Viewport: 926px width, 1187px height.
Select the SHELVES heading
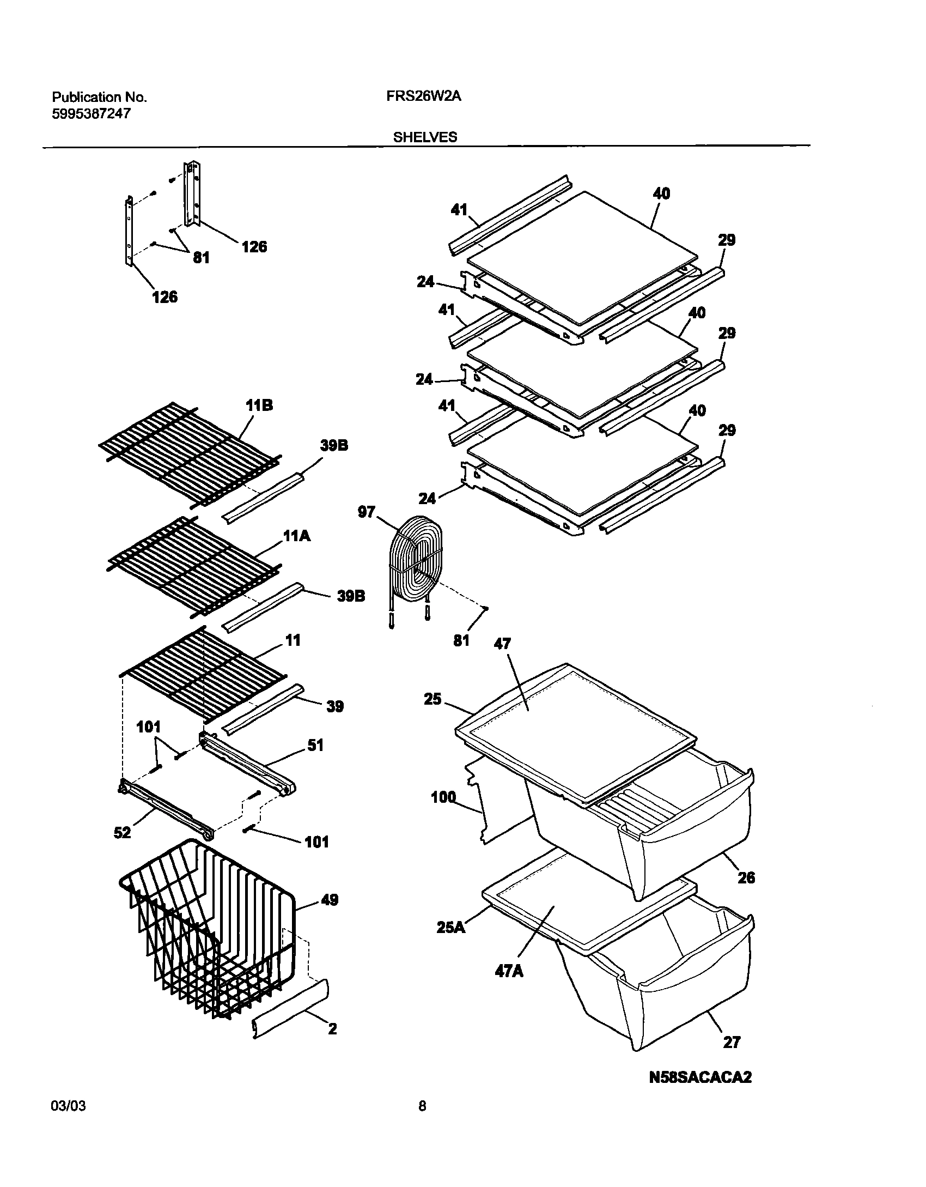pyautogui.click(x=425, y=137)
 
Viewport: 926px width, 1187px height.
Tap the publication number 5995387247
pyautogui.click(x=91, y=114)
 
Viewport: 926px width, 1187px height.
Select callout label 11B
pyautogui.click(x=259, y=405)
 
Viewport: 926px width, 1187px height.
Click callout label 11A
pyautogui.click(x=297, y=537)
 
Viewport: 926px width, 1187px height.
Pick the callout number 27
pyautogui.click(x=732, y=1042)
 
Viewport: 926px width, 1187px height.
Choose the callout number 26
pyautogui.click(x=746, y=877)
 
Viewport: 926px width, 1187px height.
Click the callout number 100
pyautogui.click(x=443, y=797)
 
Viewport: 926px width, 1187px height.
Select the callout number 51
pyautogui.click(x=315, y=745)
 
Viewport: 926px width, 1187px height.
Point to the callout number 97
pyautogui.click(x=367, y=512)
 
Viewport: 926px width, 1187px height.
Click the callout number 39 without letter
pyautogui.click(x=334, y=706)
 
